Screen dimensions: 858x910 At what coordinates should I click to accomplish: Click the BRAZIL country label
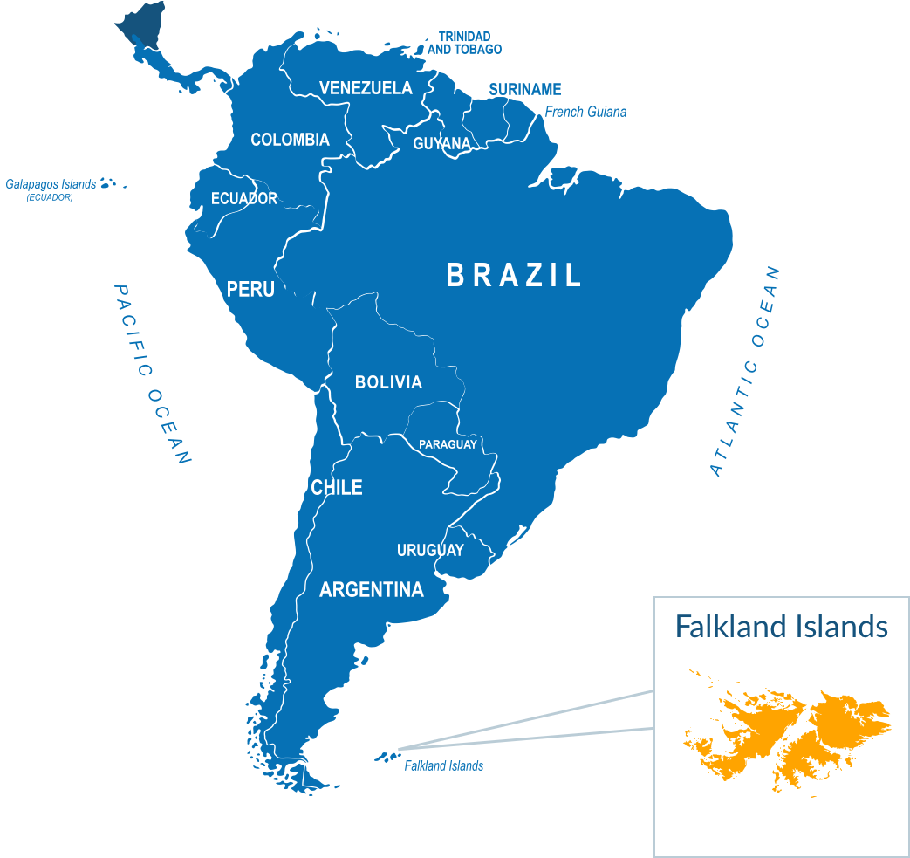(514, 276)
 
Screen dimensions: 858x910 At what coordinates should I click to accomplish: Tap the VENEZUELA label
(366, 88)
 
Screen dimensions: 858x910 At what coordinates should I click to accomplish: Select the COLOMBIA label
(290, 140)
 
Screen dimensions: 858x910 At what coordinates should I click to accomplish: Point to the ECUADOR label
(244, 199)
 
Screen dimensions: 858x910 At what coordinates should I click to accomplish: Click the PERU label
(250, 289)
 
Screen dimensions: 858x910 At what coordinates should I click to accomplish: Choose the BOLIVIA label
(388, 382)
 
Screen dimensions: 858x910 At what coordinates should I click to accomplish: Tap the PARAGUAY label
(448, 445)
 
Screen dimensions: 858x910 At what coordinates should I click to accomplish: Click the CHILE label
(337, 488)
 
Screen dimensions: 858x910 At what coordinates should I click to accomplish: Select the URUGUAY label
(430, 551)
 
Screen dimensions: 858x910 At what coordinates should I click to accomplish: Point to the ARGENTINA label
(372, 590)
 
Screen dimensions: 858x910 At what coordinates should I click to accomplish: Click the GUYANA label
(441, 144)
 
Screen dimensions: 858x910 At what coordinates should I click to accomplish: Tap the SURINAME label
(524, 90)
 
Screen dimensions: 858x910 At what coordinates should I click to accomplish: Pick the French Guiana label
(585, 112)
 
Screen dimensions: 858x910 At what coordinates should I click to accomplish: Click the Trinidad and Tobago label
(464, 43)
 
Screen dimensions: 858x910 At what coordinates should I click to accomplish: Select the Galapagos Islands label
(51, 185)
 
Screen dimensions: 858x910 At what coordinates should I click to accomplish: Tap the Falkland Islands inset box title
(782, 627)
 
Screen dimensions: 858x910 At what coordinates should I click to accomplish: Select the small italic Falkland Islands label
(443, 766)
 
